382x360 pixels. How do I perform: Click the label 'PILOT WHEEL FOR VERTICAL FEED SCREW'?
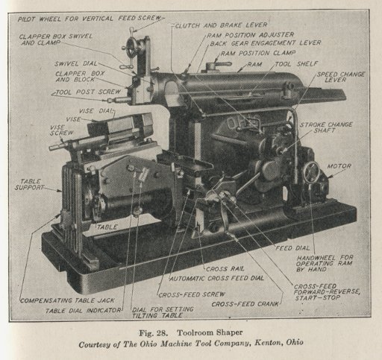click(x=90, y=19)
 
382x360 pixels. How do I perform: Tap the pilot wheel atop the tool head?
click(x=131, y=47)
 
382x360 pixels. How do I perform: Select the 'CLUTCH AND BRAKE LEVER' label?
click(x=221, y=25)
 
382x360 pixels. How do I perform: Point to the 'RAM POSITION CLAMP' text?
click(x=258, y=54)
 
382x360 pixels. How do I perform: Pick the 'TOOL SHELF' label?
click(x=296, y=64)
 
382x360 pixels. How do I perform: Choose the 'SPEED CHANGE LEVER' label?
click(x=341, y=77)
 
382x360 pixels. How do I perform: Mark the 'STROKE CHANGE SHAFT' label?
click(x=326, y=127)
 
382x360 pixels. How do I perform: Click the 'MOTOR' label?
click(x=339, y=166)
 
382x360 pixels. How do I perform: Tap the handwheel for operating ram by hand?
click(x=311, y=173)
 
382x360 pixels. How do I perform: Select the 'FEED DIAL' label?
click(x=292, y=248)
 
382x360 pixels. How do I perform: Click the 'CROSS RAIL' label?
click(x=225, y=269)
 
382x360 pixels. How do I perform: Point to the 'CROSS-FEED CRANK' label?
click(x=245, y=304)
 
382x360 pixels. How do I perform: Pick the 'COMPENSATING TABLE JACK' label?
click(x=67, y=300)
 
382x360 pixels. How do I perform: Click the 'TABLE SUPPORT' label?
click(x=30, y=185)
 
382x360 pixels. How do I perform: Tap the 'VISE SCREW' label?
click(x=61, y=130)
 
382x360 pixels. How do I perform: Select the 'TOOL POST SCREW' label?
click(x=87, y=92)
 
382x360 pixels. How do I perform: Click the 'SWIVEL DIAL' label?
click(x=76, y=63)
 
